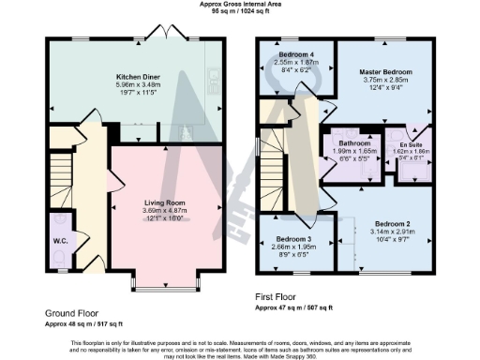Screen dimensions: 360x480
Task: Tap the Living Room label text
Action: (164, 202)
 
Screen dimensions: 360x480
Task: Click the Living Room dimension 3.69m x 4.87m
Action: (164, 211)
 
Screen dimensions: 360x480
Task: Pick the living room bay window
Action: (164, 278)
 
